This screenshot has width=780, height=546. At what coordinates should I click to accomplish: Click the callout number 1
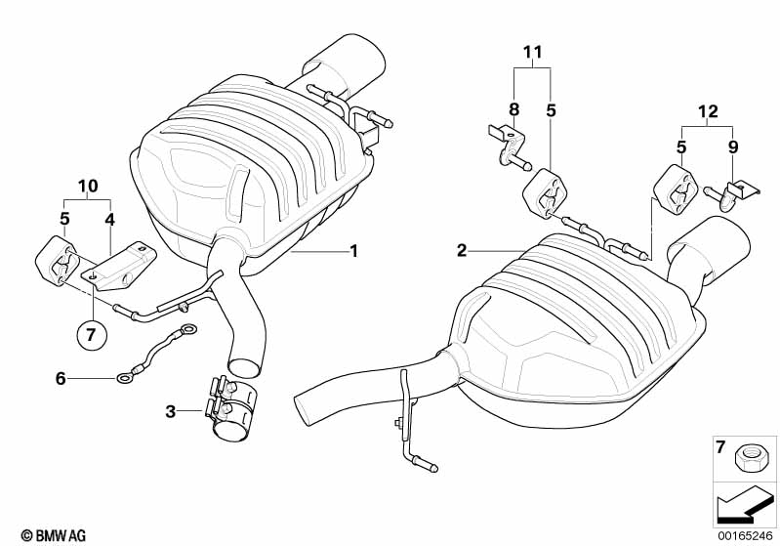pos(353,251)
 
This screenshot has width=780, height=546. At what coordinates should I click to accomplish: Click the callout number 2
pos(462,251)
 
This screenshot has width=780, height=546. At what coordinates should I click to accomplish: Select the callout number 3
pos(170,412)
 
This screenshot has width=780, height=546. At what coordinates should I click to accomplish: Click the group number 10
pos(88,185)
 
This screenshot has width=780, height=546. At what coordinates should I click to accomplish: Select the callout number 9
pos(732,147)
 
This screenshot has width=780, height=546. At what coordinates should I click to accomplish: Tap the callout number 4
pos(110,219)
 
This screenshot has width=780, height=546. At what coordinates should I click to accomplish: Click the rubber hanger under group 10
pos(57,263)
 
